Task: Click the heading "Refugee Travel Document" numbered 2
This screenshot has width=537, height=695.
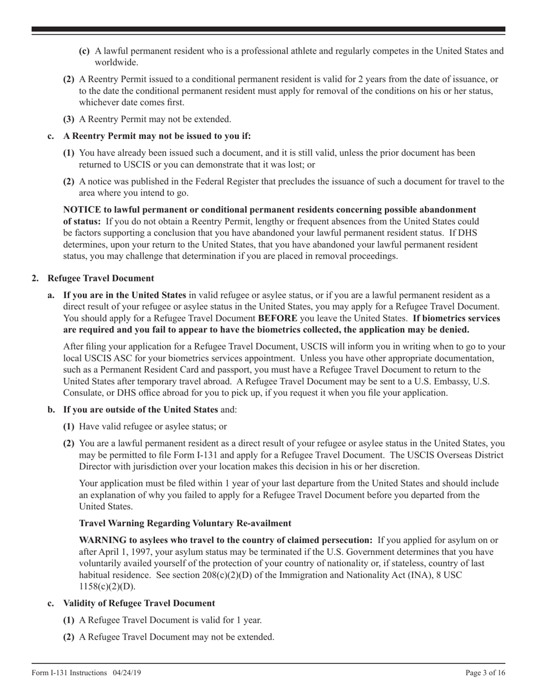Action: (x=101, y=278)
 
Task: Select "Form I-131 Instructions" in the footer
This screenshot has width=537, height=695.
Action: (x=69, y=672)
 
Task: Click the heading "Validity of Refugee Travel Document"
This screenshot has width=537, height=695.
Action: (x=139, y=603)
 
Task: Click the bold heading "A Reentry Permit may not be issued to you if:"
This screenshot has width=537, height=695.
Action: (x=157, y=136)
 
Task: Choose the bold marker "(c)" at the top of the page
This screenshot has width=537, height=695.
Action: (x=84, y=51)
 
